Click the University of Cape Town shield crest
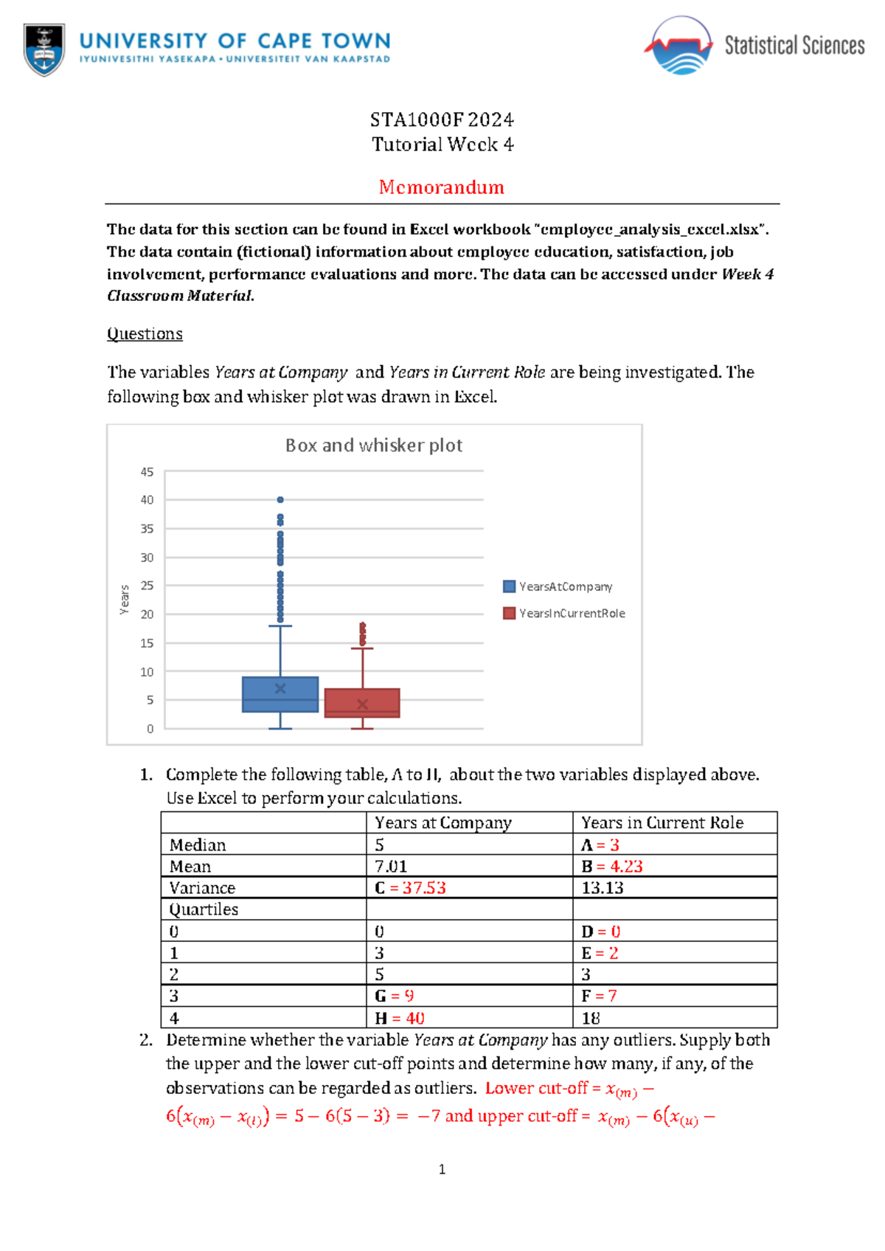[44, 49]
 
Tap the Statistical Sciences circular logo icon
[678, 46]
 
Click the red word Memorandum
[441, 187]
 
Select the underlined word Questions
[145, 333]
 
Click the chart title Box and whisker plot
[373, 446]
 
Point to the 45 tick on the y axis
[147, 471]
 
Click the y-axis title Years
[125, 599]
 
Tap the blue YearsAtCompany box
[280, 695]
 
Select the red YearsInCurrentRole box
[362, 703]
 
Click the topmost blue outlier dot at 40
[280, 499]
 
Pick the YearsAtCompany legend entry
[558, 586]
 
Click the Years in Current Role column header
[662, 822]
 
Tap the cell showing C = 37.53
[410, 887]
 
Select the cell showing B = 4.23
[611, 866]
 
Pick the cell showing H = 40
[399, 1018]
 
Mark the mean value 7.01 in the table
[391, 866]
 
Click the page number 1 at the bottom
[442, 1169]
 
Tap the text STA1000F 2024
[441, 119]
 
